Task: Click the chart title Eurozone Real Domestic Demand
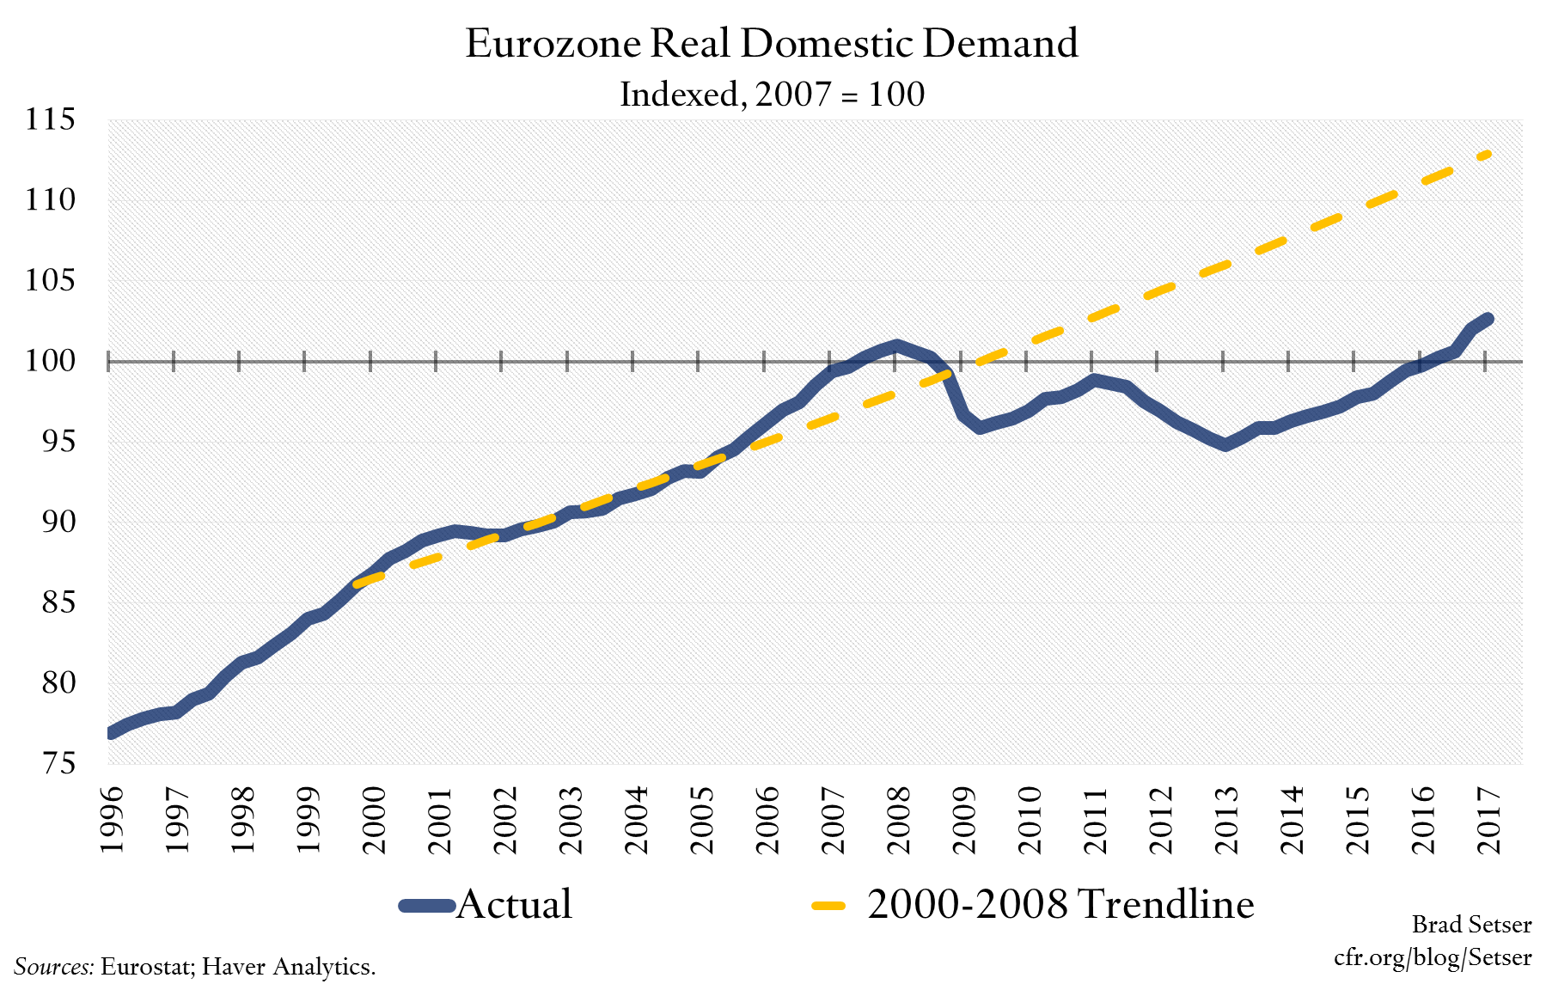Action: pos(771,43)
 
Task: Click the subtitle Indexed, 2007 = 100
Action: pos(771,94)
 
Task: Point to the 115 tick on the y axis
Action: pos(50,119)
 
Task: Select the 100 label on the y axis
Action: pos(50,360)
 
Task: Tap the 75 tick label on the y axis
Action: pos(58,763)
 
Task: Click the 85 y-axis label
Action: pos(58,602)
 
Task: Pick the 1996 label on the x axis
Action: pos(112,819)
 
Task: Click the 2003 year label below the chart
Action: pos(571,819)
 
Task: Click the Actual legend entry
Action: pos(513,904)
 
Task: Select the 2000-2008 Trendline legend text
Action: pos(1060,904)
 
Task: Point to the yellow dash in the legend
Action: pos(828,905)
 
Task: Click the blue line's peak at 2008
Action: pos(896,345)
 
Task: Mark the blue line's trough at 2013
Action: pos(1225,444)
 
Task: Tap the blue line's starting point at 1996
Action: pos(112,733)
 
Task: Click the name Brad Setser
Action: pos(1471,925)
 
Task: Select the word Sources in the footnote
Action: pos(53,967)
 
